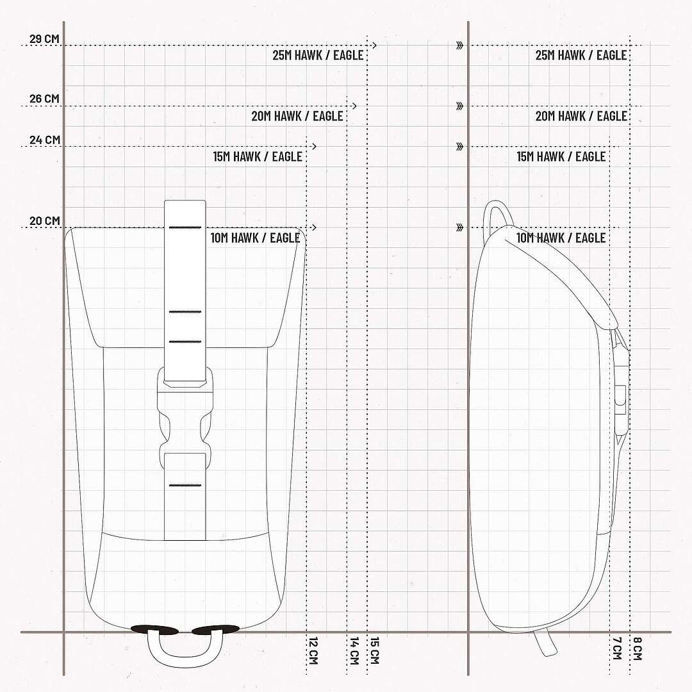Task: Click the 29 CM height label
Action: [44, 38]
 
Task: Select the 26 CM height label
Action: [44, 99]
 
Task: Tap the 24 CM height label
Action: [45, 140]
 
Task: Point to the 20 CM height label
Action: [45, 220]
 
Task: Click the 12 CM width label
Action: [313, 650]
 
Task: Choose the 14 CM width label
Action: [354, 650]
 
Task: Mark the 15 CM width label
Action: [374, 650]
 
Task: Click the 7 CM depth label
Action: [617, 648]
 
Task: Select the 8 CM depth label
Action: [638, 648]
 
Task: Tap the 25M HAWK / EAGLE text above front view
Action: [318, 55]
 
